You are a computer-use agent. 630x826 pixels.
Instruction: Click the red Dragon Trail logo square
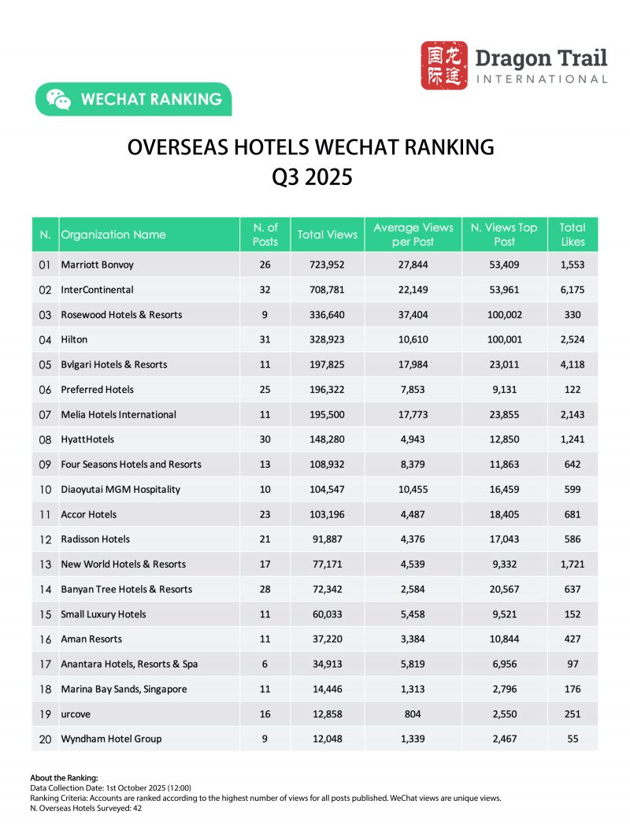tap(443, 65)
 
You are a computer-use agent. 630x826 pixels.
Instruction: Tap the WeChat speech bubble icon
tap(58, 99)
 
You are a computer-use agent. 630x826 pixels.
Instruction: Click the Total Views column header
tap(327, 235)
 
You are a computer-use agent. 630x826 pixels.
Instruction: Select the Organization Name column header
tap(113, 235)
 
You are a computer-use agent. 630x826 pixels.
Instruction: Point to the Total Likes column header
tap(573, 235)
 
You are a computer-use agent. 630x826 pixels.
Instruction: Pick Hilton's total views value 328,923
tap(327, 339)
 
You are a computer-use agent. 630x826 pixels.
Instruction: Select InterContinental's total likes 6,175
tap(573, 290)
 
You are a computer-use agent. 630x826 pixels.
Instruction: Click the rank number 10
tap(45, 489)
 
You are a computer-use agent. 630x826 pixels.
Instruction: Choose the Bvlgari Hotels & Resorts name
tap(114, 365)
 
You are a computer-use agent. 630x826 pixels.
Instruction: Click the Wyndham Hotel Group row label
tap(111, 739)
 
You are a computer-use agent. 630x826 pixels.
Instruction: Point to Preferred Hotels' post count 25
tap(265, 390)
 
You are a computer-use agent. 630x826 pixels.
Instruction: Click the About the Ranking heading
tap(64, 778)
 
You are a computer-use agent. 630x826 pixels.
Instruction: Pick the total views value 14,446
tap(327, 689)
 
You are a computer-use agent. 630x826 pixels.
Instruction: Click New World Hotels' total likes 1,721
tap(573, 564)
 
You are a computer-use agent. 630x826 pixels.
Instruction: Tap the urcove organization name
tap(76, 714)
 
